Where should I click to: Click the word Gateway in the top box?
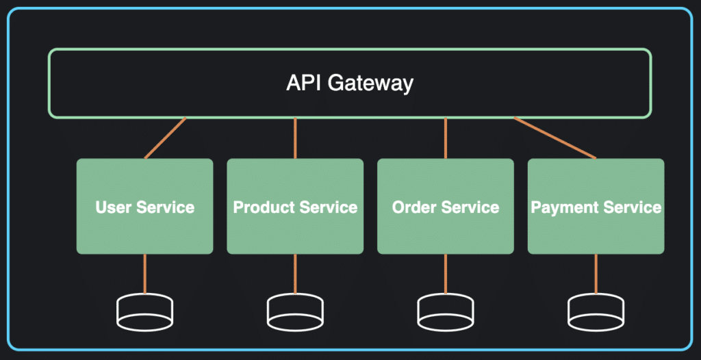pyautogui.click(x=370, y=83)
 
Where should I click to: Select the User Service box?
pyautogui.click(x=145, y=206)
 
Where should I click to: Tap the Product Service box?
pyautogui.click(x=295, y=206)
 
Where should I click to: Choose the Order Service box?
pyautogui.click(x=446, y=206)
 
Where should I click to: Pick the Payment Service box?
pyautogui.click(x=596, y=206)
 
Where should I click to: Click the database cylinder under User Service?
pyautogui.click(x=145, y=312)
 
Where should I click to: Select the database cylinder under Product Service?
pyautogui.click(x=295, y=312)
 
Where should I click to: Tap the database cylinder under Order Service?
pyautogui.click(x=446, y=312)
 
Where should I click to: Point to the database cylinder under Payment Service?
pyautogui.click(x=596, y=312)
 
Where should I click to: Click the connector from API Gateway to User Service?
pyautogui.click(x=165, y=138)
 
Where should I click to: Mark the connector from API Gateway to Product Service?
pyautogui.click(x=295, y=138)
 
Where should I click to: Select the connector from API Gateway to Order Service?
pyautogui.click(x=446, y=138)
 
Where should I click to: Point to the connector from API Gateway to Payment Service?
pyautogui.click(x=555, y=138)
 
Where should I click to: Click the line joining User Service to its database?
pyautogui.click(x=145, y=274)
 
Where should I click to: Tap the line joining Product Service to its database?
pyautogui.click(x=295, y=274)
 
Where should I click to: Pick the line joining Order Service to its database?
pyautogui.click(x=446, y=274)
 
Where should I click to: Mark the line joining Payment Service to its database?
pyautogui.click(x=596, y=274)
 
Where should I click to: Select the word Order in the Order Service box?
pyautogui.click(x=414, y=207)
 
